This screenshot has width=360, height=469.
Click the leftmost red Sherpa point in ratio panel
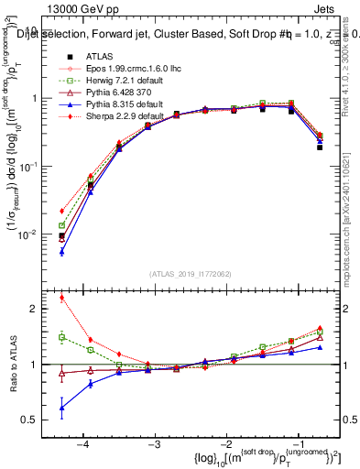click(x=61, y=297)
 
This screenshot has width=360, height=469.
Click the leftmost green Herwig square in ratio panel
click(x=61, y=337)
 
